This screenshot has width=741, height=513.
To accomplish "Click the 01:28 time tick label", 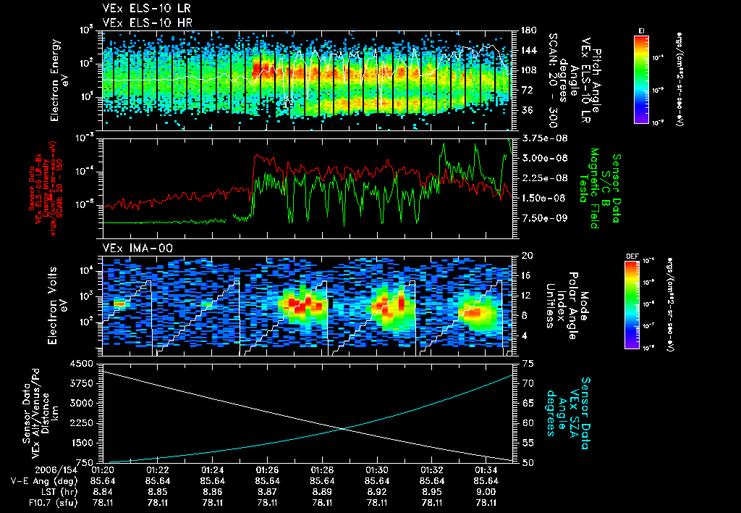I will pyautogui.click(x=322, y=469).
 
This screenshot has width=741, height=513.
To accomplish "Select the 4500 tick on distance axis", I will pyautogui.click(x=85, y=364).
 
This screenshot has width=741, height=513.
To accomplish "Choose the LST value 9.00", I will pyautogui.click(x=486, y=491).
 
